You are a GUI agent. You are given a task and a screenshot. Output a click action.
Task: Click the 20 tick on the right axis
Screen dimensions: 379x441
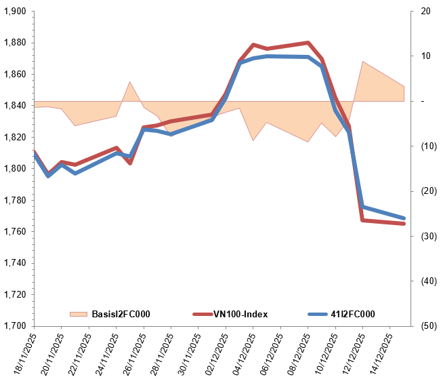click(x=425, y=12)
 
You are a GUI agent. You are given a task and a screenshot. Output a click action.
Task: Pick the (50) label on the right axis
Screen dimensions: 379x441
click(x=427, y=326)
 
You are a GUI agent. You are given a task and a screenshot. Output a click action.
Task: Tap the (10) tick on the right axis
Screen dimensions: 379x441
click(x=427, y=146)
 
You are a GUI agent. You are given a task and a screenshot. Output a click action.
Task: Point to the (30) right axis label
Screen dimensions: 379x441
click(x=427, y=236)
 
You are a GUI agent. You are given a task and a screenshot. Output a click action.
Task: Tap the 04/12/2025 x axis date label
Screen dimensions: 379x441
click(x=243, y=353)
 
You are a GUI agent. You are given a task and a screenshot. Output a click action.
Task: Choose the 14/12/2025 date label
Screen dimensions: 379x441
click(x=380, y=353)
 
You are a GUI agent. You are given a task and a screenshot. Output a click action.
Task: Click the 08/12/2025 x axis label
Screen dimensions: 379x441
click(x=298, y=353)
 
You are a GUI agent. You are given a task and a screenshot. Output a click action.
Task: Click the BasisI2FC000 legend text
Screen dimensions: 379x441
click(x=121, y=314)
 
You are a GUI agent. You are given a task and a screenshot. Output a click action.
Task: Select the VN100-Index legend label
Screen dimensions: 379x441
click(x=240, y=314)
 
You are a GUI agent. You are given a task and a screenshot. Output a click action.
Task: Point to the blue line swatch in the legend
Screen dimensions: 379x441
click(x=318, y=314)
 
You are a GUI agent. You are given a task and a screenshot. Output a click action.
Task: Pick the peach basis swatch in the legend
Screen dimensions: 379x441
click(x=79, y=314)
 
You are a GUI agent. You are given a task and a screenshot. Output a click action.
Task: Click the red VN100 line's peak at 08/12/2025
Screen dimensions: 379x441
click(x=308, y=43)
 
